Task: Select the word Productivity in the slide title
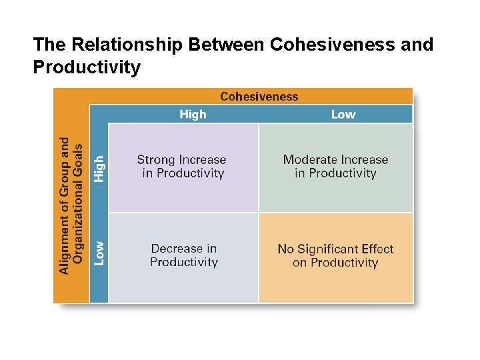click(87, 67)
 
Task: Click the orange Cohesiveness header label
click(259, 97)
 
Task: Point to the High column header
click(193, 114)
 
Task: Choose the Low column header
click(343, 114)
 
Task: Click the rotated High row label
click(99, 169)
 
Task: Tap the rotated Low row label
click(99, 253)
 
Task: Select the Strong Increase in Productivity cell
click(183, 167)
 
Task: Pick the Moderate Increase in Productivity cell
click(335, 167)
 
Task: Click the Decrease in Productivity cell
click(184, 255)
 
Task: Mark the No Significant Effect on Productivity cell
click(335, 255)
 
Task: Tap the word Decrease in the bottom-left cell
click(177, 249)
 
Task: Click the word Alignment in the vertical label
click(65, 243)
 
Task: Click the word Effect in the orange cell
click(378, 249)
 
